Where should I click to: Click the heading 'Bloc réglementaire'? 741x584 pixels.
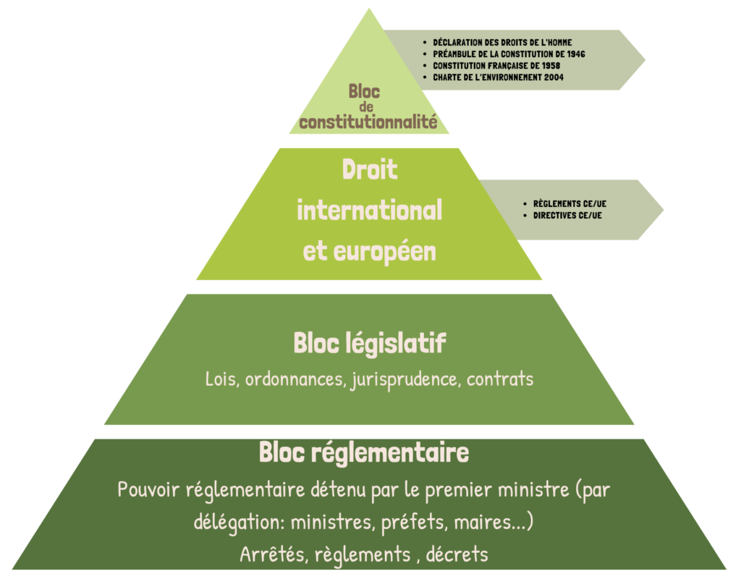pyautogui.click(x=364, y=453)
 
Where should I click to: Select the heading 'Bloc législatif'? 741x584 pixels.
pyautogui.click(x=369, y=344)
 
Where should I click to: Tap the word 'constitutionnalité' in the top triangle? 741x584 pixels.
pyautogui.click(x=368, y=122)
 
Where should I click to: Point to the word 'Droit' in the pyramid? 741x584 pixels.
pyautogui.click(x=369, y=170)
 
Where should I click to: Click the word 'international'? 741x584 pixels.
pyautogui.click(x=369, y=211)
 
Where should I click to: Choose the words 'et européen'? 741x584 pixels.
pyautogui.click(x=369, y=251)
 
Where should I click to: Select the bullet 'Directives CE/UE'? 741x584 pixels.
pyautogui.click(x=567, y=216)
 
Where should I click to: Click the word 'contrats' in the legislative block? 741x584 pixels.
pyautogui.click(x=500, y=379)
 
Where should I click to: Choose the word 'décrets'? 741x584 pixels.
pyautogui.click(x=457, y=555)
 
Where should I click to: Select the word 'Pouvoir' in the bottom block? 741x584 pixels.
pyautogui.click(x=148, y=490)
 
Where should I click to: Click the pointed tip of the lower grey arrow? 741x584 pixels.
pyautogui.click(x=662, y=210)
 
